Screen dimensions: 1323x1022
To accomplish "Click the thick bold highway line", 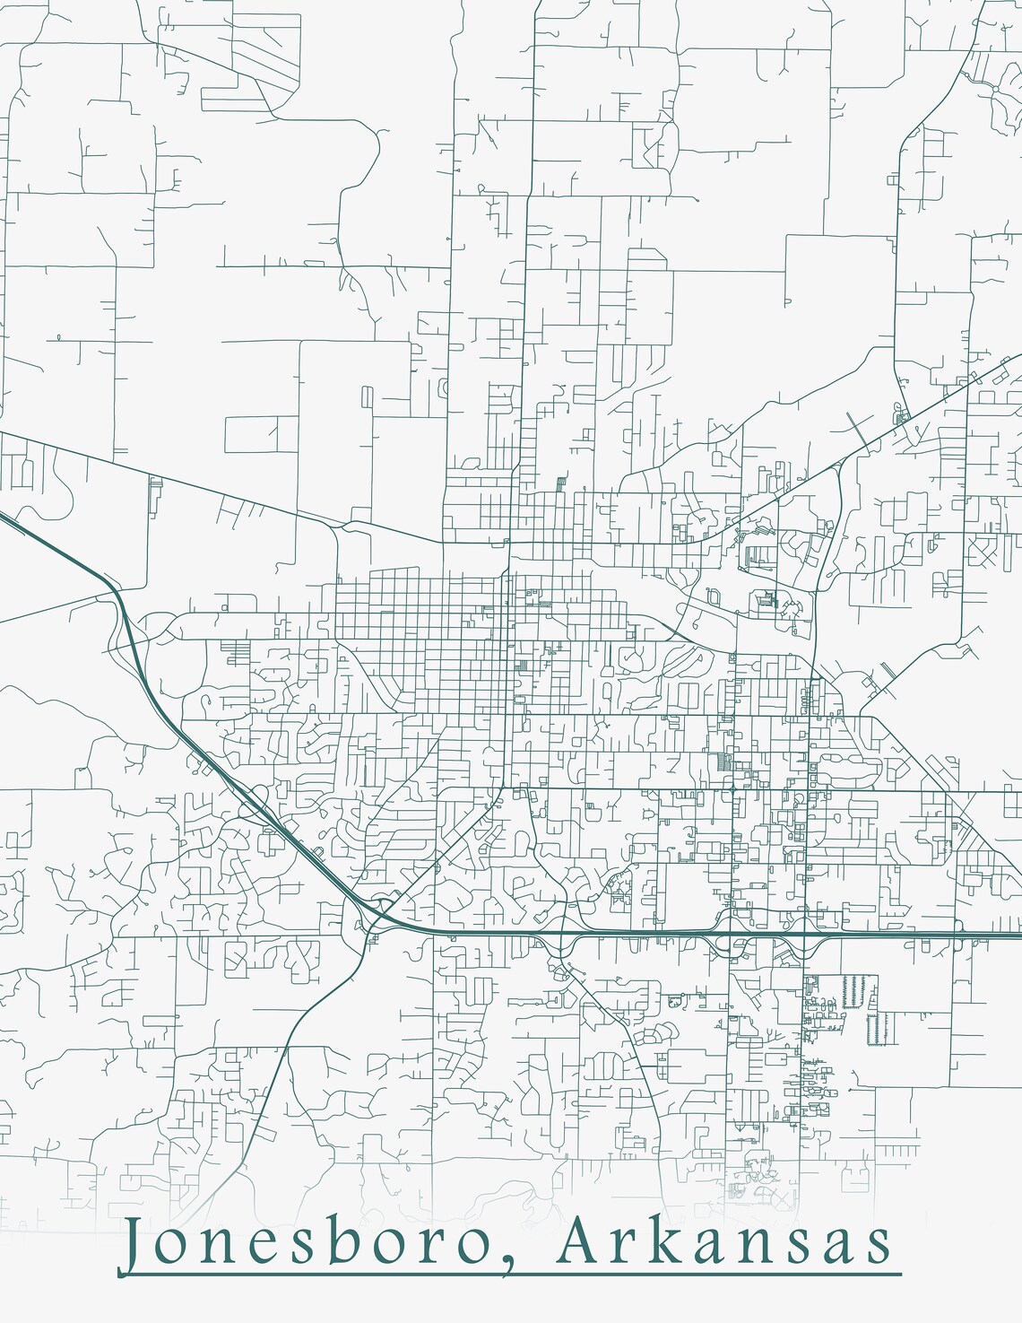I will [628, 936].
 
